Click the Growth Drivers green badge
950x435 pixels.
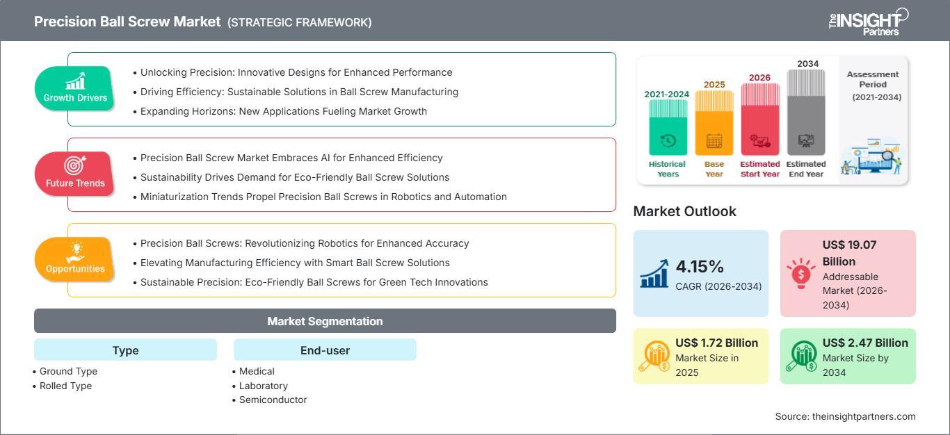tap(74, 88)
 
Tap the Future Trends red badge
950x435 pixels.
tap(74, 174)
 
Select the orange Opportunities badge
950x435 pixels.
tap(74, 259)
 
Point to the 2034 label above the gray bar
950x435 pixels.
tap(807, 64)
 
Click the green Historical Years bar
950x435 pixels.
tap(668, 127)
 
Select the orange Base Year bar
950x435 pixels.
tap(714, 123)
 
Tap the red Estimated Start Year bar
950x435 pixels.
tap(760, 120)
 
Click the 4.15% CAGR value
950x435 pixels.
tap(700, 266)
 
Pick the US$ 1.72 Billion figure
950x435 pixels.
tap(717, 343)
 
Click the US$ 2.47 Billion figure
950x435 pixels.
tap(865, 343)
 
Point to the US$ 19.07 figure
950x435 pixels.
tap(849, 245)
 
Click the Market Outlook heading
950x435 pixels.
tap(684, 211)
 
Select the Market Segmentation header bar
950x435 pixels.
tap(325, 321)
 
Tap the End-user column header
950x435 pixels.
tap(325, 350)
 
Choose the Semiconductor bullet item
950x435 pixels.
tap(270, 400)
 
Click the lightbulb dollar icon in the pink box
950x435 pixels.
tap(800, 273)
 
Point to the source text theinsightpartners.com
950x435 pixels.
tap(864, 416)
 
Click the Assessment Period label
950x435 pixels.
tap(873, 79)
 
